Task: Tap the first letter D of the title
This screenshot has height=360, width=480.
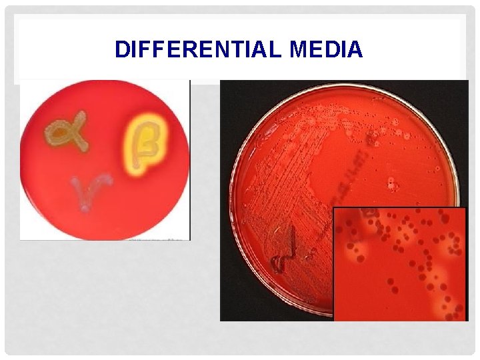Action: coord(121,50)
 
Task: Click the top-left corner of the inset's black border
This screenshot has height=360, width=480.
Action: coord(334,208)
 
